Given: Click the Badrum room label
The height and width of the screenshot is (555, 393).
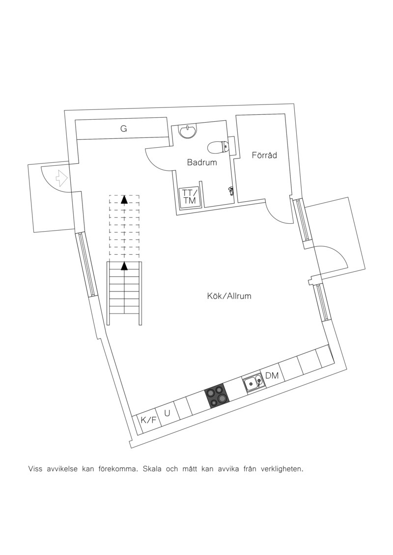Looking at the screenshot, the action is (202, 163).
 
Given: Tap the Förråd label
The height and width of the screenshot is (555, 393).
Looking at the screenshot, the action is (264, 155).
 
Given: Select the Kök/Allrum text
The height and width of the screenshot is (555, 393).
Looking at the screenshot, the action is (229, 296).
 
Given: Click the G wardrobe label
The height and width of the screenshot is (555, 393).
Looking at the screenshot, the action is (123, 129).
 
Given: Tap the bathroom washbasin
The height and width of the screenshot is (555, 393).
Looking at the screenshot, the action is (188, 132).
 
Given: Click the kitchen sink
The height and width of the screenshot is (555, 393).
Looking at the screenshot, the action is (253, 383).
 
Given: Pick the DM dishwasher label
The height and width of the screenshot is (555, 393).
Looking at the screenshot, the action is (272, 375).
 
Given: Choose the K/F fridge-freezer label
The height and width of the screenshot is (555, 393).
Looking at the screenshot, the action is (148, 420).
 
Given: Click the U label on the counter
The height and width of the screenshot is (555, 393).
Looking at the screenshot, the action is (168, 413).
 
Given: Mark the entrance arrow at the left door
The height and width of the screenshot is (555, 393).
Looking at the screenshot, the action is (61, 178).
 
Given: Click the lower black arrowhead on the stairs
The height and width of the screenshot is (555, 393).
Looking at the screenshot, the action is (124, 266).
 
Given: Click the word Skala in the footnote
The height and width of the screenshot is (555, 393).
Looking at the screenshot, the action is (152, 469).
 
